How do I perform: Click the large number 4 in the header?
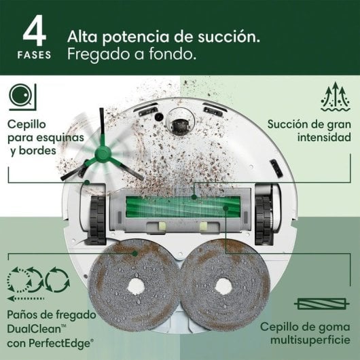click(x=35, y=31)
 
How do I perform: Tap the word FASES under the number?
click(x=35, y=55)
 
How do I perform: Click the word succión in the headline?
click(x=229, y=37)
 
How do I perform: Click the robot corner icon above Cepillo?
click(x=22, y=97)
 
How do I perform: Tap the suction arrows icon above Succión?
click(x=336, y=96)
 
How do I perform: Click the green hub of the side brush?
click(x=103, y=153)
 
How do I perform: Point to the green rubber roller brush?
click(x=183, y=206)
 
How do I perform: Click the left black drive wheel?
click(x=98, y=220)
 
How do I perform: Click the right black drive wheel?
click(x=264, y=220)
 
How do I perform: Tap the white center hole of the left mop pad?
click(x=136, y=287)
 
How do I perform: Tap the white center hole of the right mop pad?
click(x=223, y=286)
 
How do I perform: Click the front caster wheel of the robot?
click(x=180, y=126)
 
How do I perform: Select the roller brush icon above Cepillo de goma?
click(x=322, y=304)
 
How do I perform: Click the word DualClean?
click(x=34, y=329)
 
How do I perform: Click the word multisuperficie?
click(x=310, y=340)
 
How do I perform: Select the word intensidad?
click(x=324, y=137)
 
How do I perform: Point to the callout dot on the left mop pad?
click(x=135, y=253)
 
